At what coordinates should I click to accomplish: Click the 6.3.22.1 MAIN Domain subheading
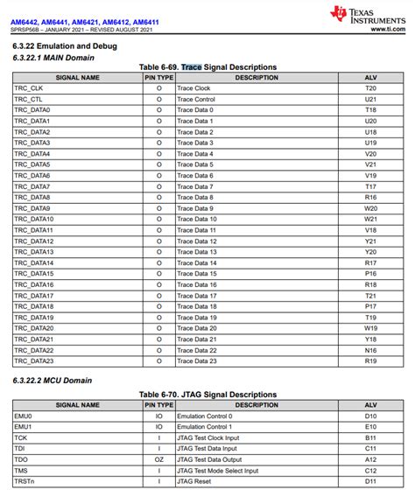53,57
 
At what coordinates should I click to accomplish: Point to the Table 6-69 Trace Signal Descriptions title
207,67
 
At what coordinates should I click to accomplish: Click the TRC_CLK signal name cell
28,88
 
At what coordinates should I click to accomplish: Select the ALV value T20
370,88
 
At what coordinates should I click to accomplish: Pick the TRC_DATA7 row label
32,186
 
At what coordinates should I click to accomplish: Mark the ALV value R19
370,360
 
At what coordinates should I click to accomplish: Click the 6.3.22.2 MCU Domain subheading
52,381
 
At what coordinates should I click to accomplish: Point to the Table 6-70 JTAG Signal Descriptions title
207,395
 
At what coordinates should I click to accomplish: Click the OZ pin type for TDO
158,459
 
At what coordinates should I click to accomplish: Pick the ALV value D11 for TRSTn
370,481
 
